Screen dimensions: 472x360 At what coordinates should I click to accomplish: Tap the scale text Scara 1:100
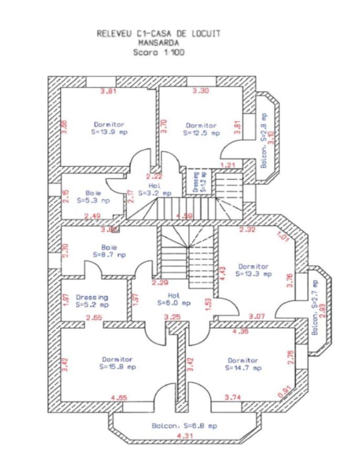(x=159, y=52)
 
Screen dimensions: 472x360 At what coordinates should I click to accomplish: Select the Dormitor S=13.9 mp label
(x=109, y=128)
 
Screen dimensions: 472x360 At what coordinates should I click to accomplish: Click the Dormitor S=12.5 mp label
(x=201, y=129)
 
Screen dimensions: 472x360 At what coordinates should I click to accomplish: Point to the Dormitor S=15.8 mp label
(x=117, y=363)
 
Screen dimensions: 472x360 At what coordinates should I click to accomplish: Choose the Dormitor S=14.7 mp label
(x=243, y=364)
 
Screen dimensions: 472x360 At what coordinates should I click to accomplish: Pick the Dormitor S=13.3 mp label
(x=253, y=270)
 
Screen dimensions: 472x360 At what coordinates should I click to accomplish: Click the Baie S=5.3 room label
(x=93, y=196)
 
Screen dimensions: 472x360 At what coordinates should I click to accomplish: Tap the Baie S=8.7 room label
(x=109, y=251)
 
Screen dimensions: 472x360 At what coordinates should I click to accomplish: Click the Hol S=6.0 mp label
(x=173, y=299)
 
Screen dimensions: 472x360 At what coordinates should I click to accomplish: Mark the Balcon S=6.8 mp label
(x=184, y=426)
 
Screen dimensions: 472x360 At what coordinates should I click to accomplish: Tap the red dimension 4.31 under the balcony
(x=184, y=436)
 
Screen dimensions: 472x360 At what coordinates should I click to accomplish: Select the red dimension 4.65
(x=119, y=399)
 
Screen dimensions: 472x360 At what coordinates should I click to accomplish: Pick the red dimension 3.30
(x=201, y=91)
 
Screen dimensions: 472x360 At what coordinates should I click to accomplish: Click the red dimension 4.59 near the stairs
(x=184, y=216)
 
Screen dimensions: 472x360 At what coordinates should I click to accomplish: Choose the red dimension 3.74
(x=233, y=399)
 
